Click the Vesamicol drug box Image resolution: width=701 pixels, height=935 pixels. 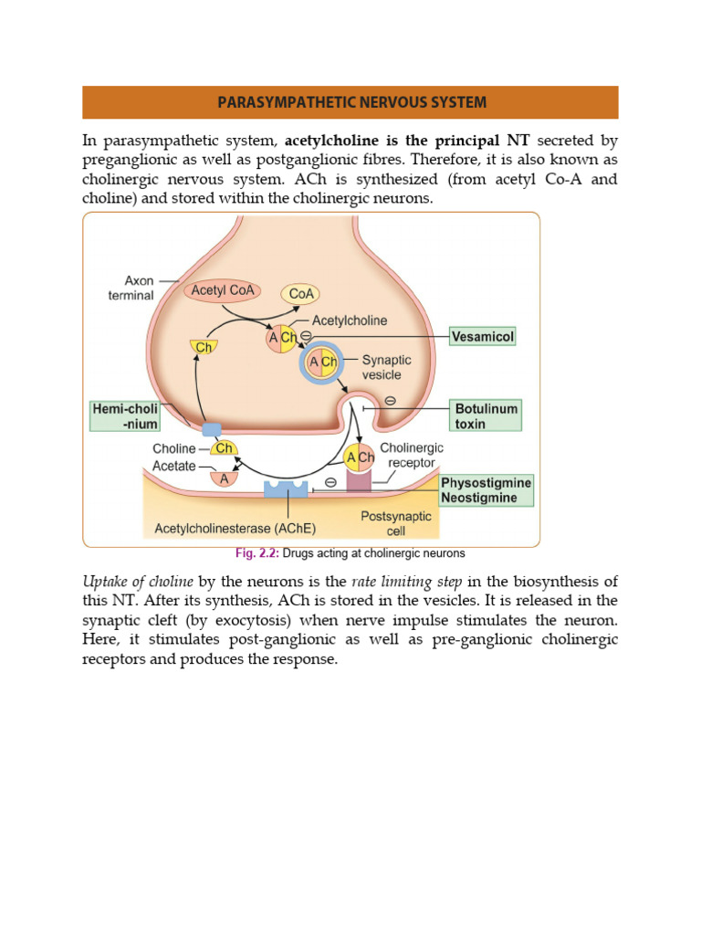tap(483, 337)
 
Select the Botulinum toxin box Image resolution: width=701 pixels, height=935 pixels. tap(486, 416)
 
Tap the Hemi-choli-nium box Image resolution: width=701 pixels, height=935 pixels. tap(125, 416)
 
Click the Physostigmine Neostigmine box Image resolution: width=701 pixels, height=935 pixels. tap(486, 490)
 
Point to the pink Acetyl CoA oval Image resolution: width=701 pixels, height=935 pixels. tap(223, 291)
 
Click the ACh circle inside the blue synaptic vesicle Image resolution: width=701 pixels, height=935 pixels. tap(322, 362)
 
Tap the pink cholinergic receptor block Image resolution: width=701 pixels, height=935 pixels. tap(358, 480)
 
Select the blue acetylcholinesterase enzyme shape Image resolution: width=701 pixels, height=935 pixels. tap(287, 489)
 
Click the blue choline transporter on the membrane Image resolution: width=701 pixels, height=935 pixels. tap(212, 429)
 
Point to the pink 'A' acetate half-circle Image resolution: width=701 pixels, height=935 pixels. tap(223, 478)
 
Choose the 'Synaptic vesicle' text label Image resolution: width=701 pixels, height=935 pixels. tap(386, 367)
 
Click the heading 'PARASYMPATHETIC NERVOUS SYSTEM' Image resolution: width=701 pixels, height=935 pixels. tap(350, 102)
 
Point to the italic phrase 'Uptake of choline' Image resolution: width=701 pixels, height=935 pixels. tap(138, 582)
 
